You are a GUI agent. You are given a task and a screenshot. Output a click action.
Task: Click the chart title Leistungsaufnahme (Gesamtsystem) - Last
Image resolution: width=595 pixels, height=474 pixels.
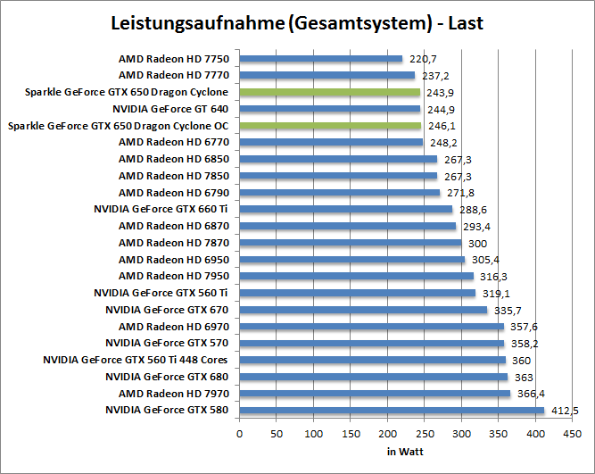point(297,23)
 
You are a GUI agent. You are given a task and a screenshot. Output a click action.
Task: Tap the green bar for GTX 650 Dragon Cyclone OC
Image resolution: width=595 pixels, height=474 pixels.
point(330,126)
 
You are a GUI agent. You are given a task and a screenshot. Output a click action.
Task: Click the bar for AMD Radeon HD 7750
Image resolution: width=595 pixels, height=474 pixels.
point(321,59)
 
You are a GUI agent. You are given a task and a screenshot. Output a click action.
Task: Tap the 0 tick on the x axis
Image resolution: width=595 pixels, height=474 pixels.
point(240,434)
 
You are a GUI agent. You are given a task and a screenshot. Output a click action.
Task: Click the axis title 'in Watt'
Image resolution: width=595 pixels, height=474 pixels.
point(405,451)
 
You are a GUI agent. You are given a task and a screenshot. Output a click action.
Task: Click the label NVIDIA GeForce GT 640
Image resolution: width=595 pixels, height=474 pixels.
point(171,109)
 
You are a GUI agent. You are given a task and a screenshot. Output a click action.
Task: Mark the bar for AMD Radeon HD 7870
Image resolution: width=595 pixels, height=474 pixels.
point(351,243)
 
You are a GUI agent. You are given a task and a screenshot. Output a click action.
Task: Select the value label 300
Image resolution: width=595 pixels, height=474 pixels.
point(476,243)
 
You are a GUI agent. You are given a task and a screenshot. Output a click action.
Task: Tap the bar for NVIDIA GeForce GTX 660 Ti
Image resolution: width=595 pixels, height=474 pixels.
point(346,209)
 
